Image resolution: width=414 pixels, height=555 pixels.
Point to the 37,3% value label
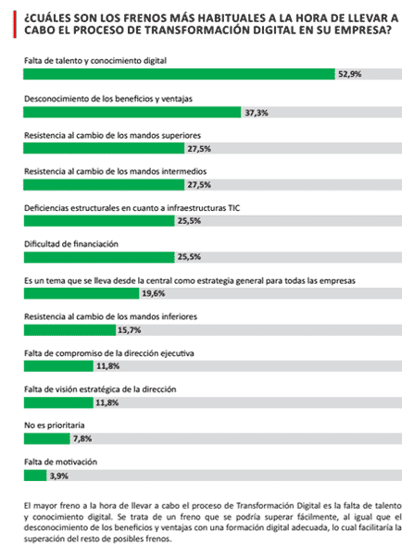tap(256, 111)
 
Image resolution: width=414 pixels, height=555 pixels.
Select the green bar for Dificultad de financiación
tap(98, 256)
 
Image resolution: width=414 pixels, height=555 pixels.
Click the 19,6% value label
tap(154, 293)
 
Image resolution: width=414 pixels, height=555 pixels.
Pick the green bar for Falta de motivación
tap(34, 475)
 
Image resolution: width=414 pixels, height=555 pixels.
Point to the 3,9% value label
tap(58, 475)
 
